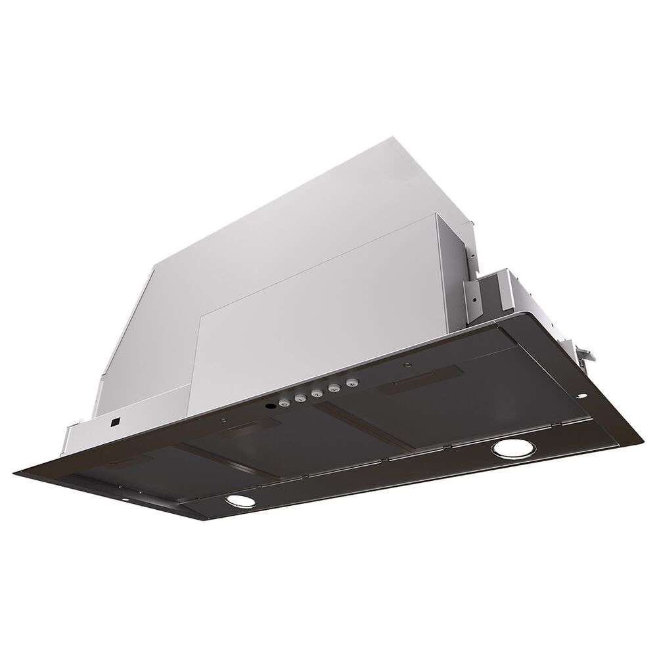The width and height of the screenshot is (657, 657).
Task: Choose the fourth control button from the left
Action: (335, 388)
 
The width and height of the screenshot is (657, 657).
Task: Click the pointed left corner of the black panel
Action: (16, 470)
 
